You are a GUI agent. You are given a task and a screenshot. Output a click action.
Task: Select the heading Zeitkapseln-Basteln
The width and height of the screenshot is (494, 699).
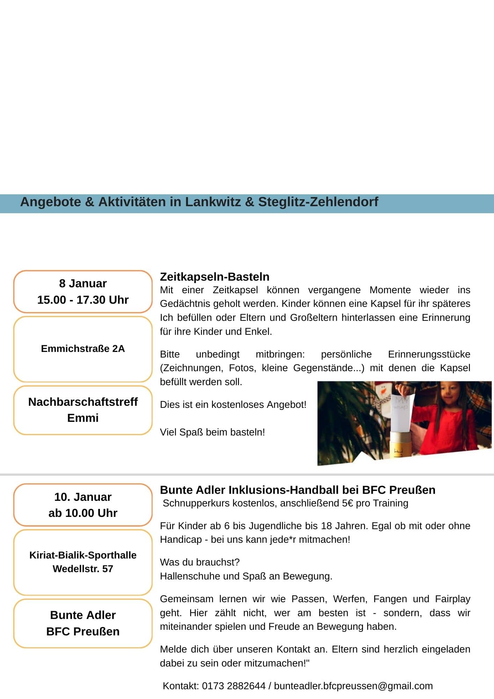click(215, 276)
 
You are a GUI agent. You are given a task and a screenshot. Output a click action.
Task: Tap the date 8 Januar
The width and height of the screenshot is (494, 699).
click(83, 283)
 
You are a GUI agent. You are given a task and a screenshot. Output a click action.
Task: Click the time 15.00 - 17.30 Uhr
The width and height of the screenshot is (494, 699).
click(83, 300)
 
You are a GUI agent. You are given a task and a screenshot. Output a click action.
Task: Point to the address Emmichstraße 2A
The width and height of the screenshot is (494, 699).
click(83, 348)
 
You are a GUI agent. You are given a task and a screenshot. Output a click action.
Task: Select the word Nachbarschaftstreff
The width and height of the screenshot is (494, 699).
click(83, 402)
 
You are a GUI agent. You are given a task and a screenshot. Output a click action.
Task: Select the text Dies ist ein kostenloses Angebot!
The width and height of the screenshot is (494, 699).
click(233, 405)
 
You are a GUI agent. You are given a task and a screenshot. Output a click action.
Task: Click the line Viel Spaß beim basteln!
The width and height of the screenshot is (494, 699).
click(212, 432)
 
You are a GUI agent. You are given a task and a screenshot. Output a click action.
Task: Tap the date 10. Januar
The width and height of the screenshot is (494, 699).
click(83, 497)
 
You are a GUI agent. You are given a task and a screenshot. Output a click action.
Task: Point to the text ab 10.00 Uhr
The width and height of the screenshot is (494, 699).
click(83, 513)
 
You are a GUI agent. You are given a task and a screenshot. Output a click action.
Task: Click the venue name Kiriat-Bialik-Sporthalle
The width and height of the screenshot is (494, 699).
click(83, 555)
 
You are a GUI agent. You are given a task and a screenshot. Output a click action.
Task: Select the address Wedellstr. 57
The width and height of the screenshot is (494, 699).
click(83, 569)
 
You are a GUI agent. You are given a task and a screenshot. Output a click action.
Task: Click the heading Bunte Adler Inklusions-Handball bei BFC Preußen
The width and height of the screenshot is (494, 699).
click(298, 490)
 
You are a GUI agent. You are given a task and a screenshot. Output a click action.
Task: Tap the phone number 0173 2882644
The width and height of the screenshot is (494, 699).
click(233, 686)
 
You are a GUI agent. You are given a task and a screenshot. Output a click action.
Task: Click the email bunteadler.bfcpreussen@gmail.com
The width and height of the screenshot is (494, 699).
click(353, 686)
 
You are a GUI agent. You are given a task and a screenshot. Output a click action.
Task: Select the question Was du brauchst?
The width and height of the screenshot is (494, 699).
click(200, 562)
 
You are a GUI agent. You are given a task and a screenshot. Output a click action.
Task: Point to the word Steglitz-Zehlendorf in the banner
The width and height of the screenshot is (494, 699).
click(318, 202)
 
